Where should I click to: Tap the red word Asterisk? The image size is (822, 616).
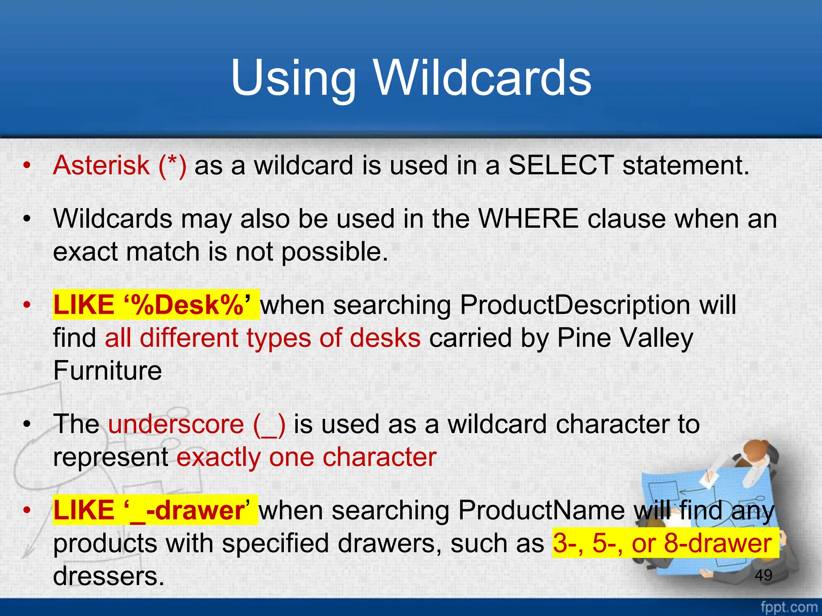[x=101, y=165]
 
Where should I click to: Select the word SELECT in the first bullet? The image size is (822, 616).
[x=561, y=165]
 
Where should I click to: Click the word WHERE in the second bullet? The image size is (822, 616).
[x=529, y=219]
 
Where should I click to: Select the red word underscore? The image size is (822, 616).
[x=176, y=424]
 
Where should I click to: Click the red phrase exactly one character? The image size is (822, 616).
[x=306, y=457]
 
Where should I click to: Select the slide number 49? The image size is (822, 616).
[x=763, y=575]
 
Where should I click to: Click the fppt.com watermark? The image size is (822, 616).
[x=789, y=607]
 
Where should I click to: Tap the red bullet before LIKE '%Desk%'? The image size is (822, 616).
[x=27, y=305]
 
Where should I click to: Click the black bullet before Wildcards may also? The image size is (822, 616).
[x=27, y=219]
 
